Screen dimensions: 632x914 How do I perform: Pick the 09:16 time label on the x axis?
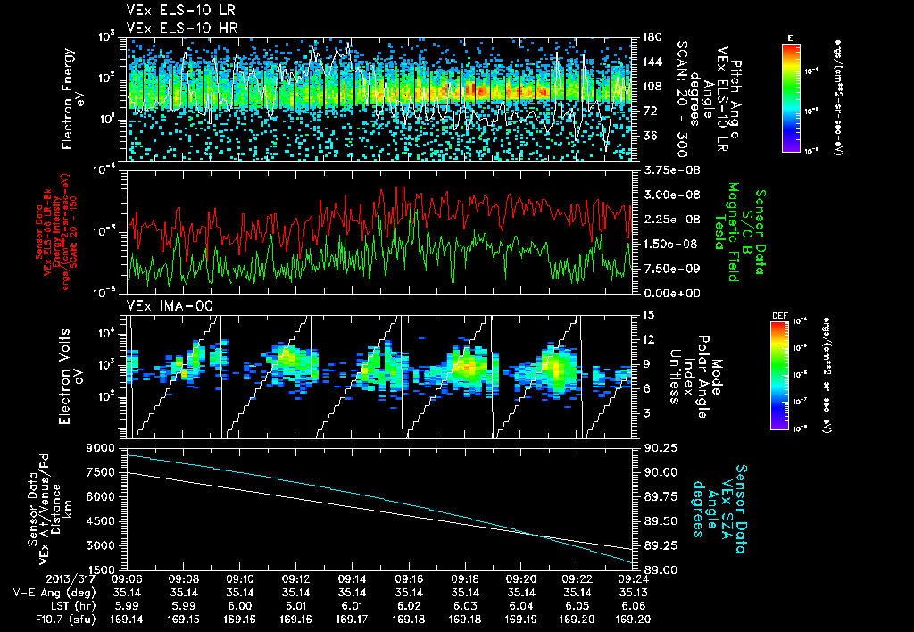pyautogui.click(x=409, y=578)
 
